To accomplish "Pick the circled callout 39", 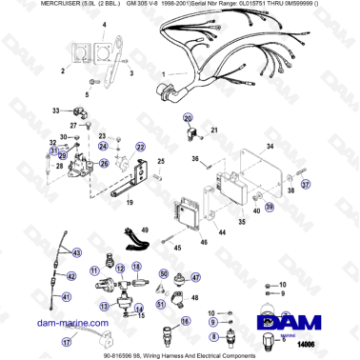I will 269,205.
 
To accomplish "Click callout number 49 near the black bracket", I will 146,230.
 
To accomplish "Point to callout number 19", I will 129,201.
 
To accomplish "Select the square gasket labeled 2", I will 90,58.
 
